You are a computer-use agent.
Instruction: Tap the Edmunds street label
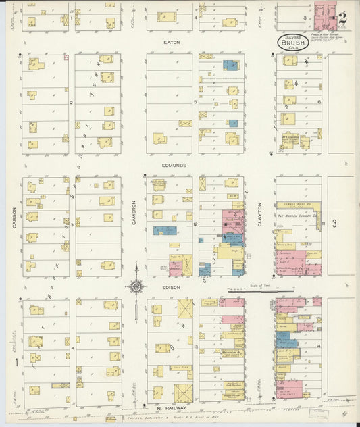pyautogui.click(x=174, y=165)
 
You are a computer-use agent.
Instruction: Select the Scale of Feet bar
pyautogui.click(x=257, y=291)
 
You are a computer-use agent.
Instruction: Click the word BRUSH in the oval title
pyautogui.click(x=292, y=41)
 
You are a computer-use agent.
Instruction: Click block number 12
pyautogui.click(x=194, y=224)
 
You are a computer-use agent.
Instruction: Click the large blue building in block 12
pyautogui.click(x=164, y=230)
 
